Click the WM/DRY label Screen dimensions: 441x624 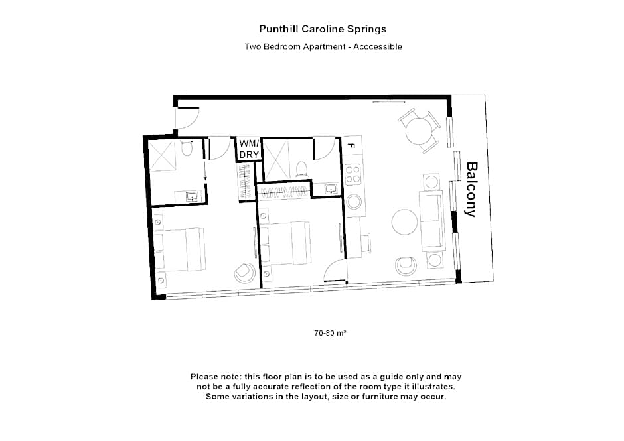[249, 149]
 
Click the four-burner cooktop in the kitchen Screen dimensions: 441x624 [352, 174]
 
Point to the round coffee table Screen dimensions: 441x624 [404, 222]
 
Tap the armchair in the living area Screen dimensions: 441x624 [406, 266]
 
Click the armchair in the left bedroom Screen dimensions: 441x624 [244, 272]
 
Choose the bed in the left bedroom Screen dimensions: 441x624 [179, 249]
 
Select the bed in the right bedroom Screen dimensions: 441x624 [285, 243]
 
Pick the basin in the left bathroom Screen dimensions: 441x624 [192, 196]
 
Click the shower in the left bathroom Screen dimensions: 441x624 [161, 155]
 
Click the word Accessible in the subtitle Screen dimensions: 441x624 [378, 46]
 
